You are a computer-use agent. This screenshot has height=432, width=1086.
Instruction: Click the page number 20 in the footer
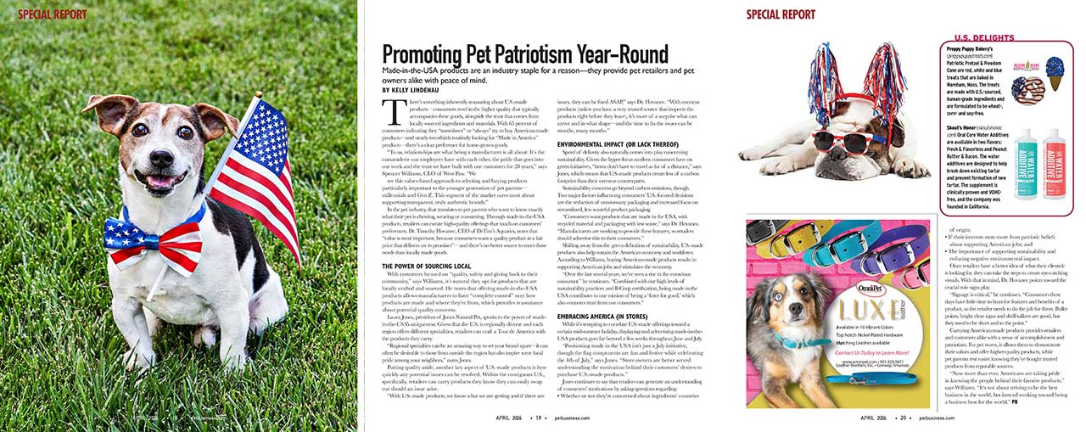pyautogui.click(x=906, y=418)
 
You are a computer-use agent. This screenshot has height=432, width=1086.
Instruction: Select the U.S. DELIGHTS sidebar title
pyautogui.click(x=985, y=38)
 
